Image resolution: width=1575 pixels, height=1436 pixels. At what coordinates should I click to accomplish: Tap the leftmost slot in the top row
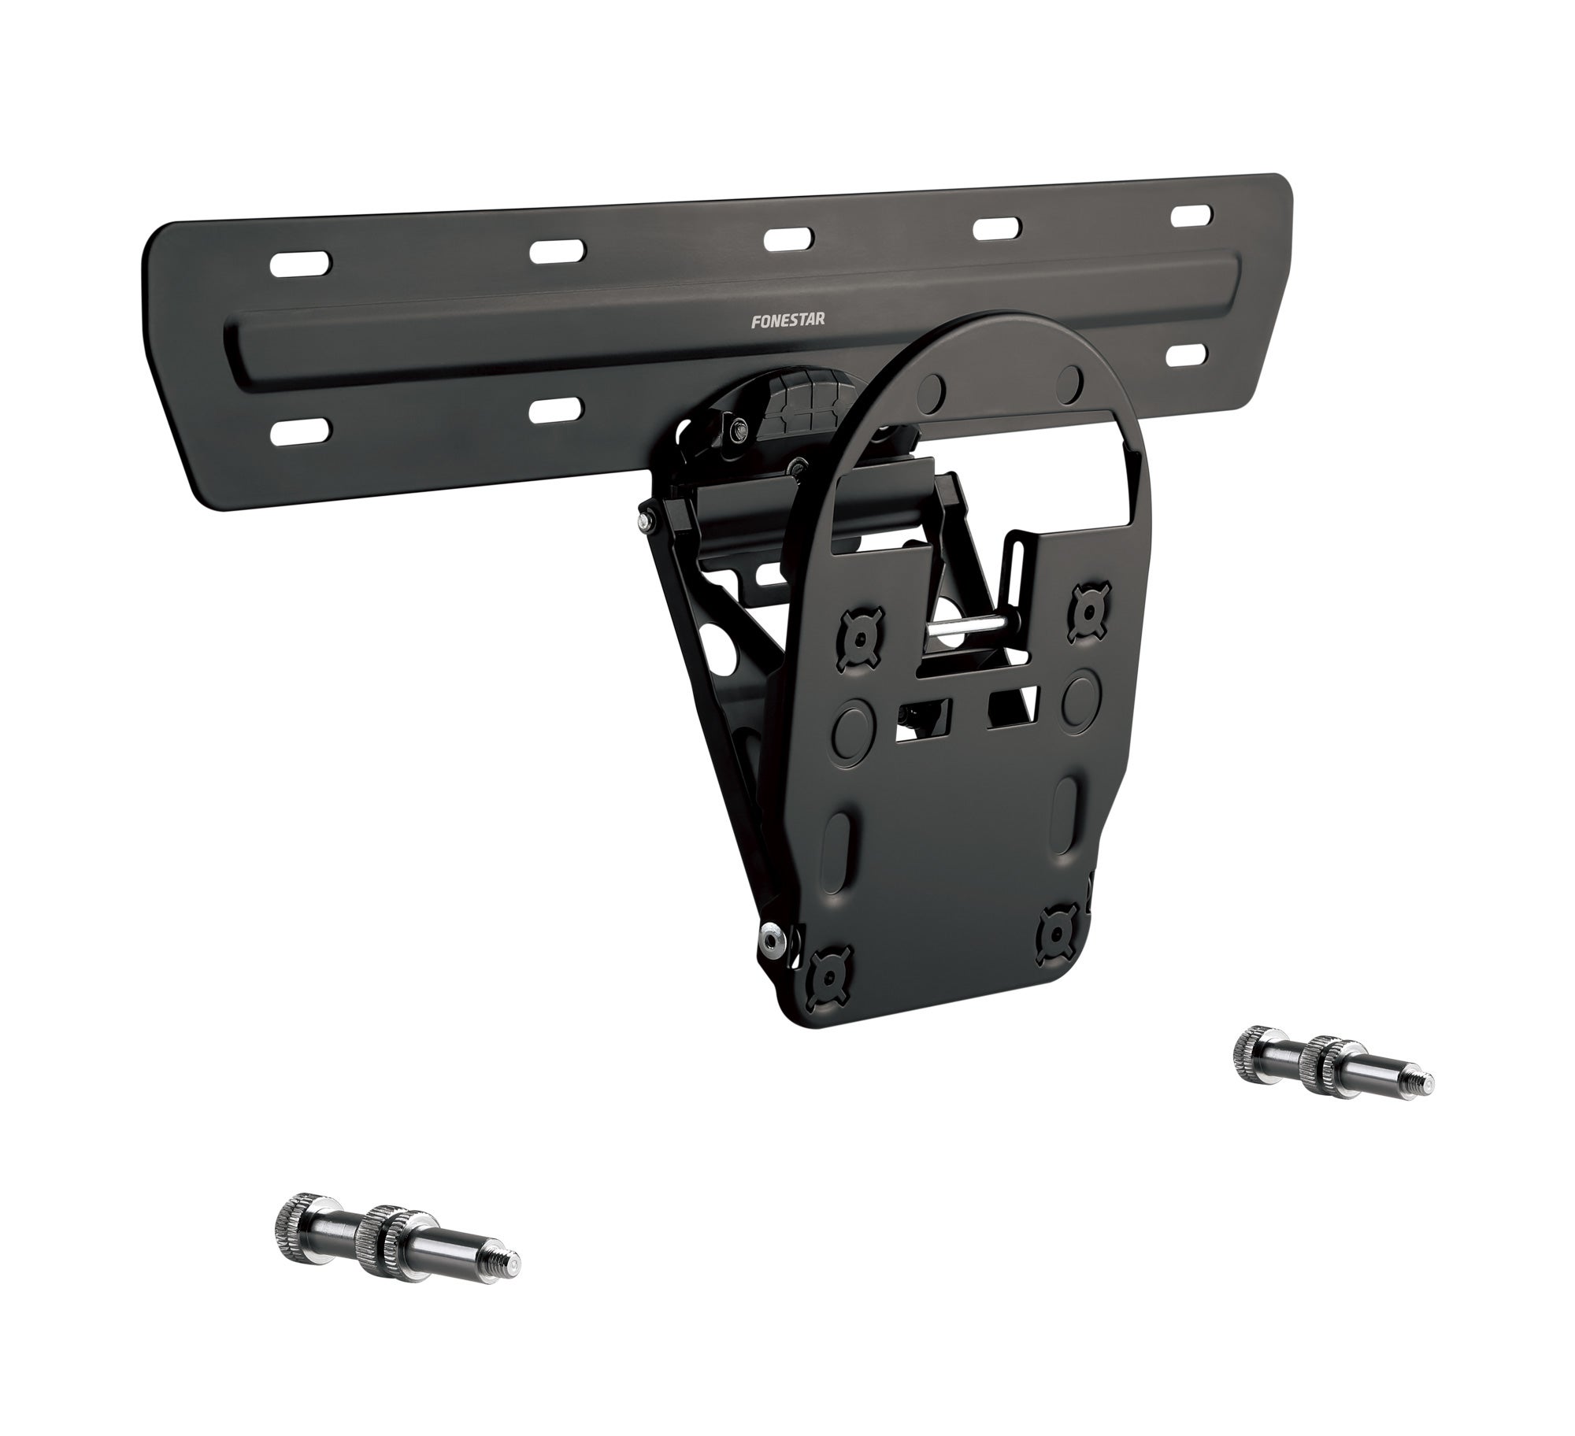(x=300, y=264)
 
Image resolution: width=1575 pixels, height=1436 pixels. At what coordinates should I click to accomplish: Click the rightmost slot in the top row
(x=1193, y=217)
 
